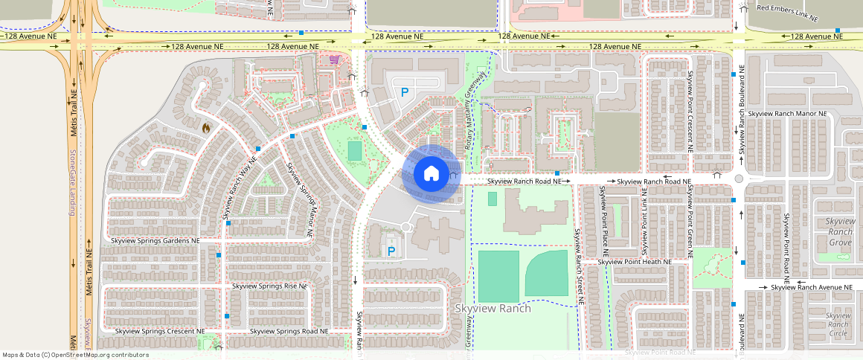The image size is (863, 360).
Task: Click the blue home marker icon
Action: click(430, 174)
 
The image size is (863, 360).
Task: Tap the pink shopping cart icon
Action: click(335, 60)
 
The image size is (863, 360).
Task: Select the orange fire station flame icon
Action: click(206, 127)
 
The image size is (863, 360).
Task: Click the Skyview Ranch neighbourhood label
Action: click(493, 309)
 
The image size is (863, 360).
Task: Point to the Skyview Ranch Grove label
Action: click(840, 232)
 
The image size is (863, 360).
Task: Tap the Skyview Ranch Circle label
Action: click(838, 324)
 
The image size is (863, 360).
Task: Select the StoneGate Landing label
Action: click(73, 182)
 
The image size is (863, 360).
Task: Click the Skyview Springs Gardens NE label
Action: click(155, 241)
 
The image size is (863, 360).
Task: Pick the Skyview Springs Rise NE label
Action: click(269, 286)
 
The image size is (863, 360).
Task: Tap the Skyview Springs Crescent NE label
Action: click(159, 331)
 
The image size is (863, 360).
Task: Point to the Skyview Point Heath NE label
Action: click(635, 262)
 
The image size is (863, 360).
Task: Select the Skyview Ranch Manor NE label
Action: click(789, 114)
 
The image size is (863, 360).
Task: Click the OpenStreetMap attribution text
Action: click(74, 355)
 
